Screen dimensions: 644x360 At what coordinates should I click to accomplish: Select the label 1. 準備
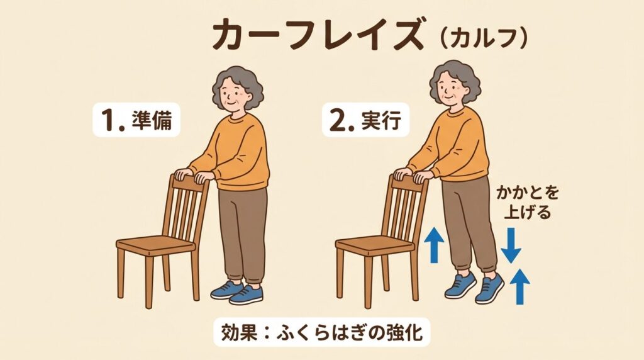point(136,120)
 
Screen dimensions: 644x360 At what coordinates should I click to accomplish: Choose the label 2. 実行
point(365,120)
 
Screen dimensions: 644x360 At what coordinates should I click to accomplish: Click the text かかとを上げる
point(528,203)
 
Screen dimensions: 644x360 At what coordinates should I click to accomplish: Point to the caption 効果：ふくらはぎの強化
point(321,332)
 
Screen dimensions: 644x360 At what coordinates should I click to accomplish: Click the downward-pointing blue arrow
point(511,245)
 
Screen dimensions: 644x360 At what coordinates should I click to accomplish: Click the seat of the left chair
point(156,245)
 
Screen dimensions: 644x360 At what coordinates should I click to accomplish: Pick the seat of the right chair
point(375,245)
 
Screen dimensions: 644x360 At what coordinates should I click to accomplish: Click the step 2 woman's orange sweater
point(452,145)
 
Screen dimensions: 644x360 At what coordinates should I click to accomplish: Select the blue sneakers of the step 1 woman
point(237,293)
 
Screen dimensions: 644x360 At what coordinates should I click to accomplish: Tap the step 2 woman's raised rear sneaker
point(489,288)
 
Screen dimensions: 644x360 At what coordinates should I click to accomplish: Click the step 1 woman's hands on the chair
point(194,176)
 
